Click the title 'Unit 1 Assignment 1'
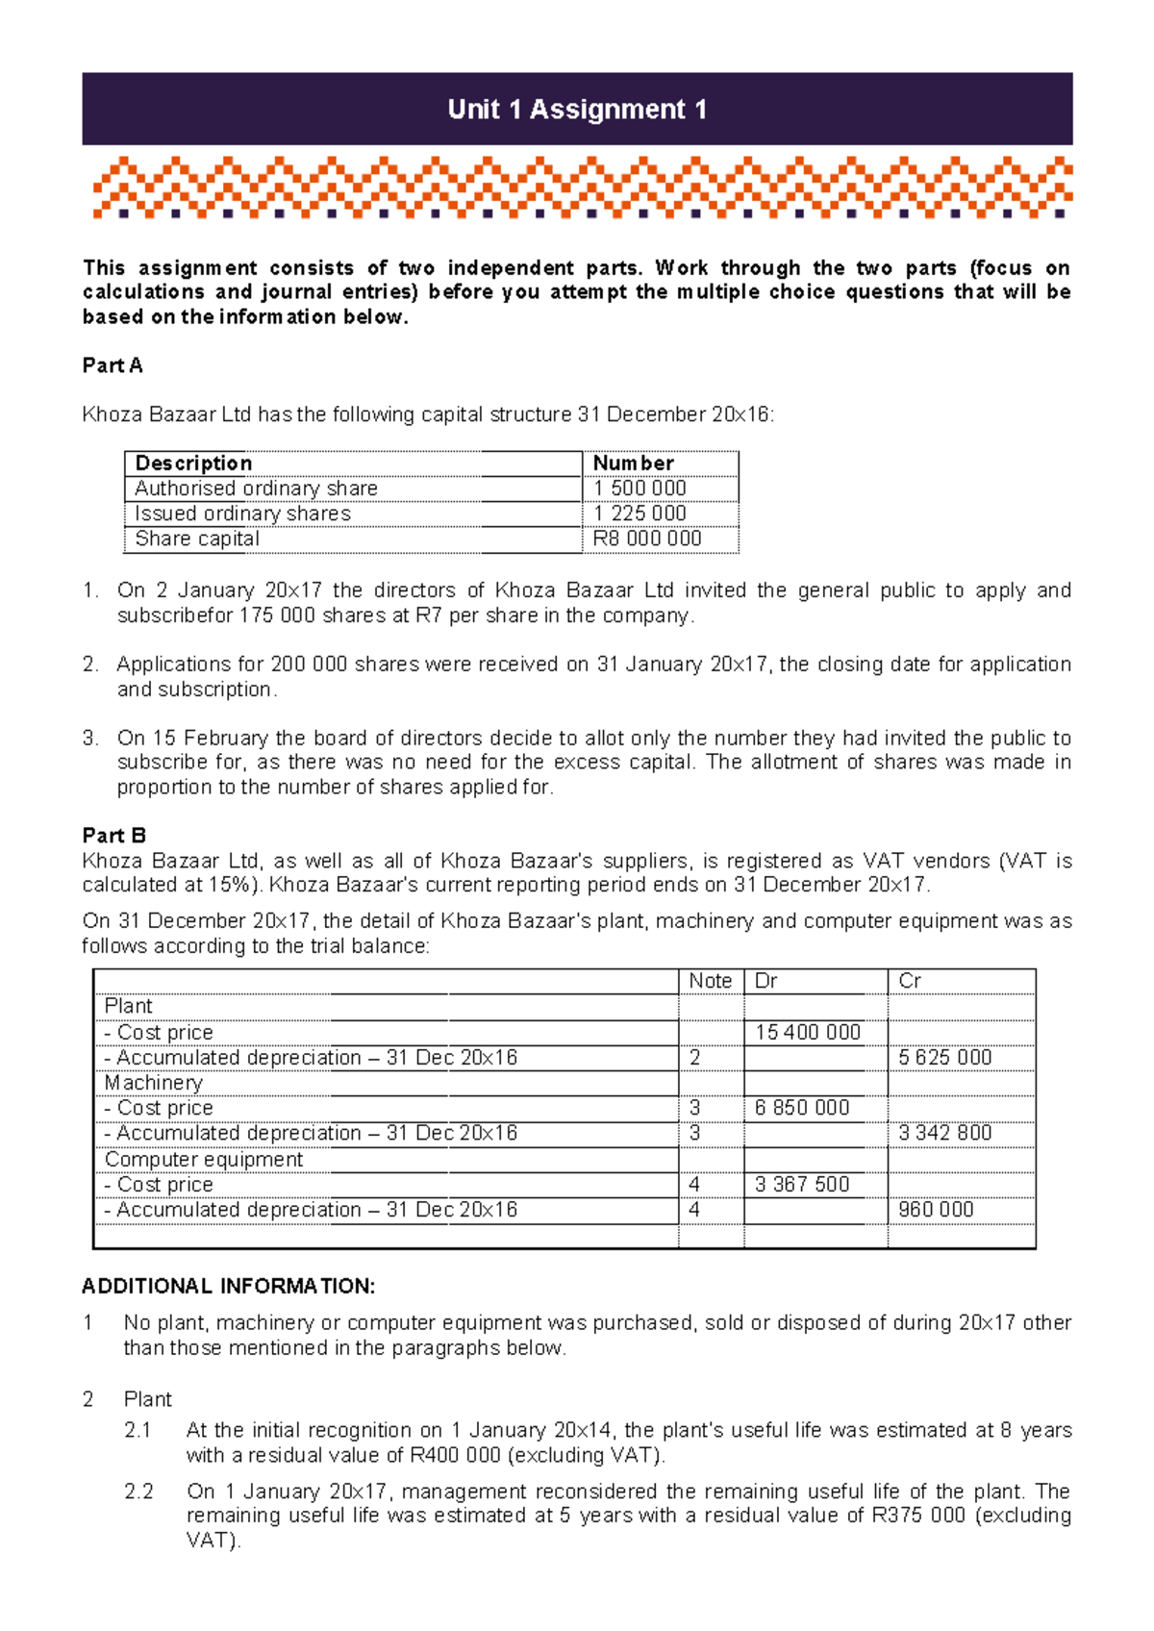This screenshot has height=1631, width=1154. coord(577,110)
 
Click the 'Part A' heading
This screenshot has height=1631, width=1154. coord(113,365)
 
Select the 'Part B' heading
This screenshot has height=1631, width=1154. coord(113,835)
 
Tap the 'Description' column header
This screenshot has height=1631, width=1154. coord(193,464)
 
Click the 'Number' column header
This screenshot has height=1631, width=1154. coord(633,464)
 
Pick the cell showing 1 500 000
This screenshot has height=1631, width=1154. coord(640,489)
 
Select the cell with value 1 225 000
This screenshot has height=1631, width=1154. coord(640,514)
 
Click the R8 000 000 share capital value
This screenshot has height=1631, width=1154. coord(646,539)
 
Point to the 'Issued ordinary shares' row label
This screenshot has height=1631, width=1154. coord(242,514)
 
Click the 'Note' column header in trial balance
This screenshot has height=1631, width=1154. coord(710,981)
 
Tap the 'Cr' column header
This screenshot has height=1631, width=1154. coord(910,981)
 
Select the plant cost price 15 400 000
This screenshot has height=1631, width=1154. coord(807,1032)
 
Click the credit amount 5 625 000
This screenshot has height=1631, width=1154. coord(944,1058)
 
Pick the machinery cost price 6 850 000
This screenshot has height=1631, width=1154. coord(801,1108)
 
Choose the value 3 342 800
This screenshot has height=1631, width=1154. coord(944,1133)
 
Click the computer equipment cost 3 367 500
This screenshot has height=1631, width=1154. coord(801,1185)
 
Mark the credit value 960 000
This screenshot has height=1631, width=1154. coord(936,1210)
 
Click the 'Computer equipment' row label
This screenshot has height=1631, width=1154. coord(204,1160)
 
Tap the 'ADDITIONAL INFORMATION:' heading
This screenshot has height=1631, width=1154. coord(228,1287)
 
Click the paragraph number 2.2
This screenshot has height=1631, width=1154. coord(138,1492)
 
